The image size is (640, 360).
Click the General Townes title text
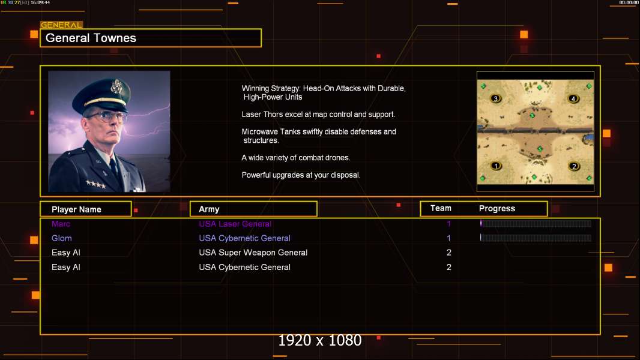click(91, 38)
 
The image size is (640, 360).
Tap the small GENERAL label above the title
click(61, 25)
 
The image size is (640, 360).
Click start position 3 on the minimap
click(495, 98)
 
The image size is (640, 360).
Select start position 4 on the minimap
click(573, 98)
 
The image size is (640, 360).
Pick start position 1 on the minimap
click(496, 166)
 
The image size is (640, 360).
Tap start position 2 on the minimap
click(573, 166)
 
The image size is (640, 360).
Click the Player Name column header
click(76, 209)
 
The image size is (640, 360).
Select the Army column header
click(209, 209)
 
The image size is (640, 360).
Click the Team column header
click(441, 208)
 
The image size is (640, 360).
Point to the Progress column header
click(497, 209)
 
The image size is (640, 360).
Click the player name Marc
click(61, 224)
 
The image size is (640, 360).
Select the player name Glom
click(61, 238)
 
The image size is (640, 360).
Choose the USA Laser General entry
click(235, 224)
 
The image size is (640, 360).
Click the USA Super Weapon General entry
click(253, 253)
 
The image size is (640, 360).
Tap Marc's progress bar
click(536, 224)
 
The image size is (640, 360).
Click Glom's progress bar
click(536, 238)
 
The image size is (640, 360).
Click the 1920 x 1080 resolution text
click(319, 341)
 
